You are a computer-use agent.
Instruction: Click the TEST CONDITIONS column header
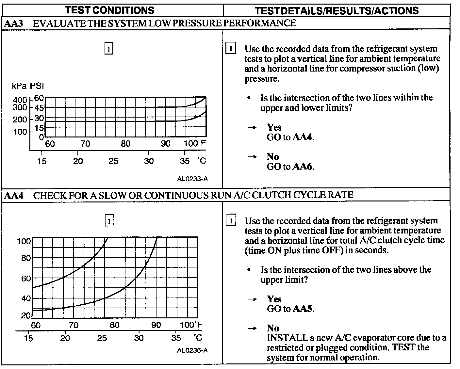[x=109, y=10]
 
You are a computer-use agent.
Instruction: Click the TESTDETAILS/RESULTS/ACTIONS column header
[x=337, y=10]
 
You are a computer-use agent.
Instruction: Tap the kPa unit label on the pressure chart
[x=19, y=86]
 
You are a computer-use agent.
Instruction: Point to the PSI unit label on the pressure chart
[x=37, y=86]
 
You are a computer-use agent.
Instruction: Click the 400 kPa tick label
[x=20, y=100]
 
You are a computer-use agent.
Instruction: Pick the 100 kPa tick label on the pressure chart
[x=20, y=132]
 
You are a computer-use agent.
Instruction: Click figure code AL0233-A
[x=192, y=179]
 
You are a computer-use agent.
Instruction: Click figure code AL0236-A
[x=192, y=350]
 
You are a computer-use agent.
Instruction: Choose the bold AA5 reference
[x=303, y=309]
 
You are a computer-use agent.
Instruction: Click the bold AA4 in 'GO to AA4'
[x=303, y=137]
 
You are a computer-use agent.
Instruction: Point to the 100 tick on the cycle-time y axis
[x=24, y=241]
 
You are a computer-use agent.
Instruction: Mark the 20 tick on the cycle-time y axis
[x=26, y=316]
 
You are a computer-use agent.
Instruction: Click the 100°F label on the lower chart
[x=191, y=325]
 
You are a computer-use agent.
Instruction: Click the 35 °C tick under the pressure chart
[x=185, y=161]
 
